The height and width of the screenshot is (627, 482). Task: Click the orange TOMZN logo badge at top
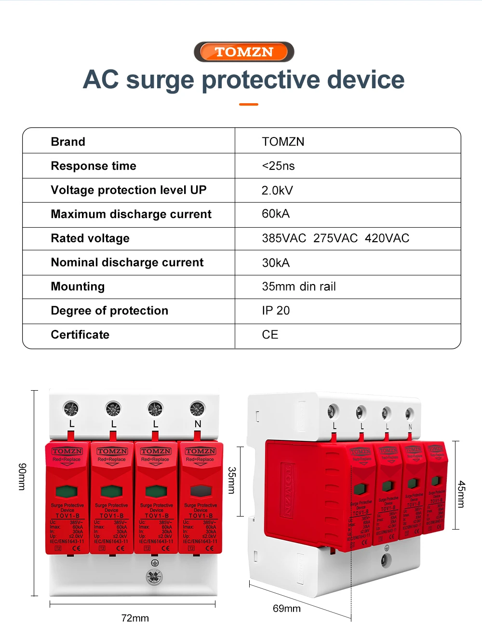coord(244,52)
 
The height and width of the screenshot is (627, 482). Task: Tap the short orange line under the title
coord(249,104)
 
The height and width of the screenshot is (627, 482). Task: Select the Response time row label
coord(94,166)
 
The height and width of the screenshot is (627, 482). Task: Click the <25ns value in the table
coord(278,166)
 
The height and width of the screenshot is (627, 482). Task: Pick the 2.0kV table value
coord(277,191)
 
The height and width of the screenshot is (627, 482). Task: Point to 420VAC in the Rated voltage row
coord(387,238)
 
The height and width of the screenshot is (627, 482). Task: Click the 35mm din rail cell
coord(299,286)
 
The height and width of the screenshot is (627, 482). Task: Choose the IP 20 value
coord(276,311)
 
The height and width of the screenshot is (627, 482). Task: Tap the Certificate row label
coord(80,335)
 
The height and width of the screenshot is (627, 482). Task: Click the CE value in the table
coord(270,335)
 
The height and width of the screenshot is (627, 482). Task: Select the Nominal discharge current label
coord(127,262)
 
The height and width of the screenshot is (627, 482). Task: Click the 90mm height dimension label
coord(22,477)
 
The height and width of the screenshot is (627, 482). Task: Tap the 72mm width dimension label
coord(135,618)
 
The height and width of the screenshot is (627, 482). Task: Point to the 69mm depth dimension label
coord(286,608)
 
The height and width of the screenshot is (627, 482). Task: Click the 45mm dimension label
coord(461,494)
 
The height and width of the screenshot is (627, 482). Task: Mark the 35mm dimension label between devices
coord(232,480)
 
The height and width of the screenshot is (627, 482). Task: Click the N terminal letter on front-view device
coord(198,424)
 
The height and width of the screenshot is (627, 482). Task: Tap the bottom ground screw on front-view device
coord(154,576)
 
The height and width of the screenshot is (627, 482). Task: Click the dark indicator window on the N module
coord(200,491)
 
